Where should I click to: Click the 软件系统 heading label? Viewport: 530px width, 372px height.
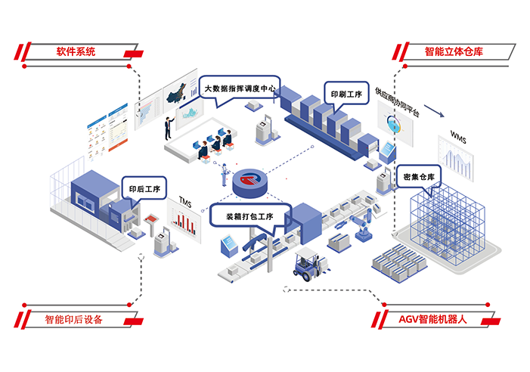pos(76,52)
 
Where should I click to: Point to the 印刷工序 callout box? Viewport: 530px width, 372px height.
pos(346,95)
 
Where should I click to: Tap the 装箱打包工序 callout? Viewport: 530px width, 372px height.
pos(249,217)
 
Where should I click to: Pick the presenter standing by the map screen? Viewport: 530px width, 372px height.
pos(169,126)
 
